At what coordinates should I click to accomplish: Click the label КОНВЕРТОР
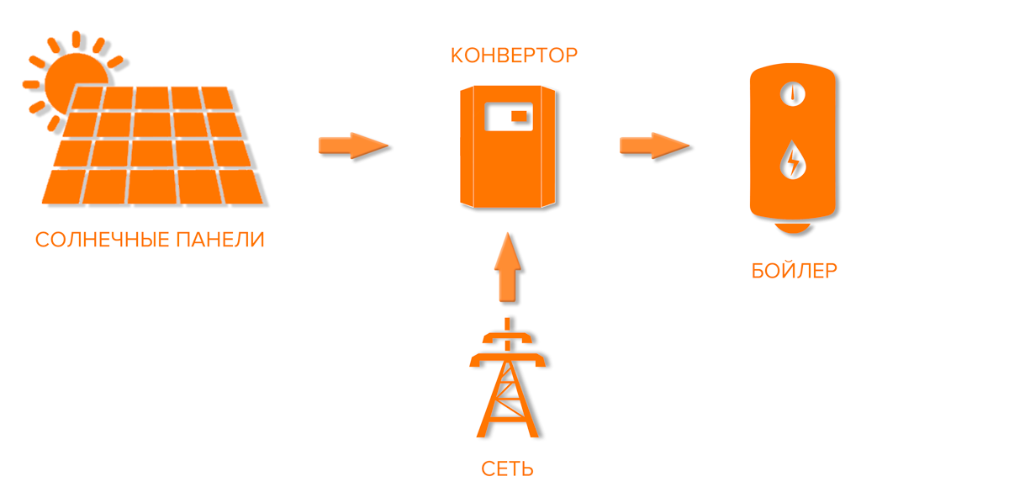point(514,56)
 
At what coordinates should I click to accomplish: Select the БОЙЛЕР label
point(794,272)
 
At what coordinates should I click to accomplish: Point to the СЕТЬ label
point(507,468)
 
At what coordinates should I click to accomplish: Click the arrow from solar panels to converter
point(353,146)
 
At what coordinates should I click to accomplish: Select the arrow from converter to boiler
point(654,146)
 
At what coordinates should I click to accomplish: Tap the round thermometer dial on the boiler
point(791,94)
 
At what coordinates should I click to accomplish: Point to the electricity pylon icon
point(507,383)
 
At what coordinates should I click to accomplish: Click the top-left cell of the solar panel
point(87,98)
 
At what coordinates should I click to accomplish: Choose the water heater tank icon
point(793,143)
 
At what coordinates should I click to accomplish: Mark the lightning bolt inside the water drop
point(791,161)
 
